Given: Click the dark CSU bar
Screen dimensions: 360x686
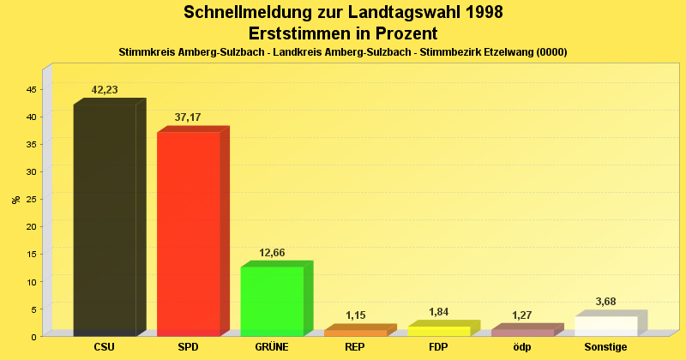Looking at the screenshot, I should tap(105, 220).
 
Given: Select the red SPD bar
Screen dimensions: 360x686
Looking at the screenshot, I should tap(189, 234).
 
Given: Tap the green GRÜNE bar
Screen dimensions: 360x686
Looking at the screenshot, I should tap(272, 302).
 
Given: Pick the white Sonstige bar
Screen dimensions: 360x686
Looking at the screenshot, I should tap(606, 327).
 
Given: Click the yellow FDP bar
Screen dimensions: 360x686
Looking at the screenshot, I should tap(439, 331).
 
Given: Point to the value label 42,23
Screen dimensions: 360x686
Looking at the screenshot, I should tap(105, 90).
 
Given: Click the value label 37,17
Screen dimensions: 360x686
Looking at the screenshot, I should tap(188, 117).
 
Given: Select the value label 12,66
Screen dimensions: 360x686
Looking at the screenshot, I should tap(272, 252).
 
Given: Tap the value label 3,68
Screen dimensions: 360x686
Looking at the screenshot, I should tap(606, 302).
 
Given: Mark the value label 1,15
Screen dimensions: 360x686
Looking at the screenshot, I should tap(355, 315).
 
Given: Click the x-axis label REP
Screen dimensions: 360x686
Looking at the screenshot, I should tap(355, 347).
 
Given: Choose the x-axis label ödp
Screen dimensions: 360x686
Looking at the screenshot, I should tap(522, 347).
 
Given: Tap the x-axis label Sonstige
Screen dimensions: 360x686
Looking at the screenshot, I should tap(606, 347).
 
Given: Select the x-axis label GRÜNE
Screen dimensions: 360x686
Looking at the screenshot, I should tap(272, 347).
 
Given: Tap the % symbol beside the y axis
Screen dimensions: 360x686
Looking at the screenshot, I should tap(15, 200).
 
